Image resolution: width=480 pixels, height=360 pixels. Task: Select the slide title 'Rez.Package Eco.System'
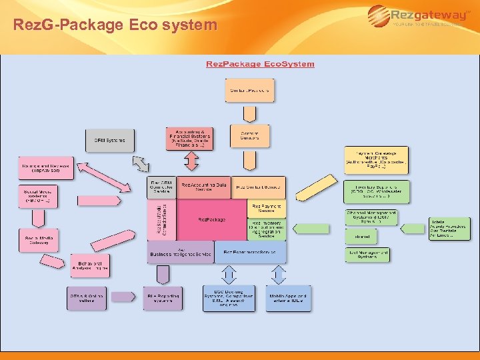(260, 64)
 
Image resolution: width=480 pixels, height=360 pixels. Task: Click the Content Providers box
(249, 90)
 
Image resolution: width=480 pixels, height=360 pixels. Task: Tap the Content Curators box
(249, 136)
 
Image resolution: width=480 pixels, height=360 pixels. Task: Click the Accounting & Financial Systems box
(190, 138)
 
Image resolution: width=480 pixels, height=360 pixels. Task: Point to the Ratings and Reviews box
(46, 168)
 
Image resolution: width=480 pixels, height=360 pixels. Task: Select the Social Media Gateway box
(38, 240)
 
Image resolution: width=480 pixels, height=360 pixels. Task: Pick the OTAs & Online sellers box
(86, 297)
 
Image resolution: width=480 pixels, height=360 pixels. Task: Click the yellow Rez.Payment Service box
(267, 208)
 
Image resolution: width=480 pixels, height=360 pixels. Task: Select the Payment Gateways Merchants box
(376, 159)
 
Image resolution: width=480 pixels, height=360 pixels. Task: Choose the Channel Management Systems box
(371, 217)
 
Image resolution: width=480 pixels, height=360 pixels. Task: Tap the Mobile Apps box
(288, 297)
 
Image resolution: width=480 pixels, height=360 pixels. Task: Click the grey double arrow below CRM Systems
(141, 163)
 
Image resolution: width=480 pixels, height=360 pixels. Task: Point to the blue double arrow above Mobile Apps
(288, 274)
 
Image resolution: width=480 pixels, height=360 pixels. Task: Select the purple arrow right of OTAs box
(123, 297)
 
